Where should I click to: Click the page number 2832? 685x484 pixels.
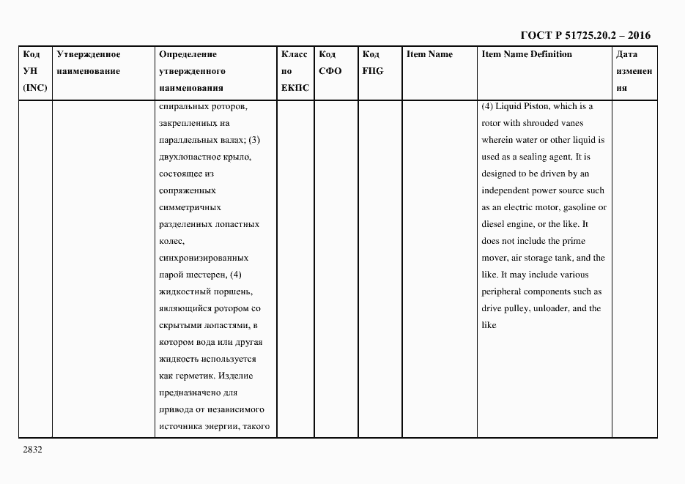[32, 450]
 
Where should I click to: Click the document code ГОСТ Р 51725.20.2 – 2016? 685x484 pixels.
[585, 35]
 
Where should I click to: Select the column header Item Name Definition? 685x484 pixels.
[526, 54]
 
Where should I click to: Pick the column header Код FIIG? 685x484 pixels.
[372, 63]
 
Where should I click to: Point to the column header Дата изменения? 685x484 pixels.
[633, 71]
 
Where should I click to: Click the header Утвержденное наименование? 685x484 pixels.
[88, 63]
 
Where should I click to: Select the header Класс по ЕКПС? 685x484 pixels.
[295, 71]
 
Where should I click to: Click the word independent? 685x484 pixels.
[508, 190]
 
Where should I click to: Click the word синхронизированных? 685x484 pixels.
[203, 258]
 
